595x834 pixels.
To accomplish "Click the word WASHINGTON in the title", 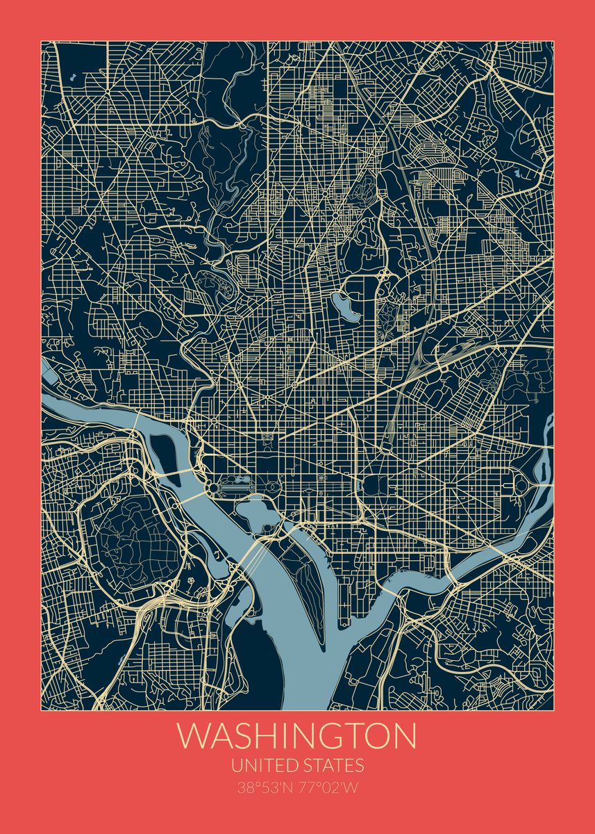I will click(x=297, y=737).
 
